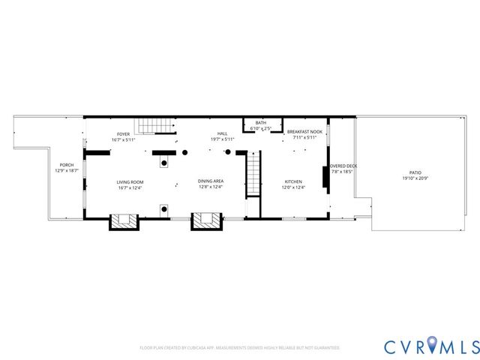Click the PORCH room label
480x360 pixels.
(x=67, y=165)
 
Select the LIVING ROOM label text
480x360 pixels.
(x=130, y=181)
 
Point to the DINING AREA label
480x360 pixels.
(x=210, y=181)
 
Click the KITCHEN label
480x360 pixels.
(x=292, y=181)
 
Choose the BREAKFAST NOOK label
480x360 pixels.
(x=304, y=132)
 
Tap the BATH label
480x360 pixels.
(x=260, y=123)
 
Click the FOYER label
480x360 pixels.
(x=123, y=134)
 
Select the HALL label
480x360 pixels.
(x=222, y=134)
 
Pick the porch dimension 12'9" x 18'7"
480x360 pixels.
(x=67, y=171)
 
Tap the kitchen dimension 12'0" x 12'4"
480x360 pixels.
(x=292, y=187)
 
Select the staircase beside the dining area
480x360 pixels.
(x=253, y=174)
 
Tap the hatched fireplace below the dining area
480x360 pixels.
(x=206, y=220)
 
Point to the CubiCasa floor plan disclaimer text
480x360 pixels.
(x=239, y=348)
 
